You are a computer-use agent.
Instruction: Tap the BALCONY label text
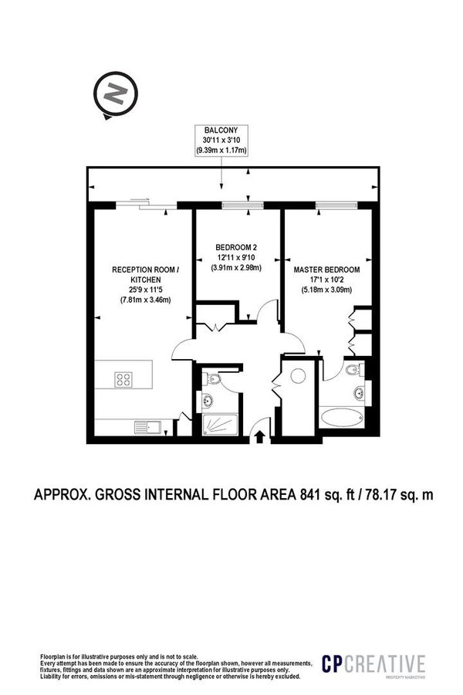coord(221,130)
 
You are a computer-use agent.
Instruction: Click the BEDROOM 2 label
coord(237,248)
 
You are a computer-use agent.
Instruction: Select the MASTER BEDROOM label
coord(326,270)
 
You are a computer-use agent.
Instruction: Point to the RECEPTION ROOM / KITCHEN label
coord(145,274)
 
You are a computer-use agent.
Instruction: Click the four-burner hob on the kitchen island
coord(124,378)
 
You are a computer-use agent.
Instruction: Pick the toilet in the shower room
coord(213,379)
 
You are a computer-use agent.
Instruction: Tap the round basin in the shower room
coord(207,400)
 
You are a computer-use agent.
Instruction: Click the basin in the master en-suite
coord(360,393)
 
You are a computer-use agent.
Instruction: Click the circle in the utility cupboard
coord(298,376)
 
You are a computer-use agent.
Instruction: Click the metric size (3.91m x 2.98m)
coord(237,268)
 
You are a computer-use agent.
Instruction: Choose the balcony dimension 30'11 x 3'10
coord(221,140)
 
